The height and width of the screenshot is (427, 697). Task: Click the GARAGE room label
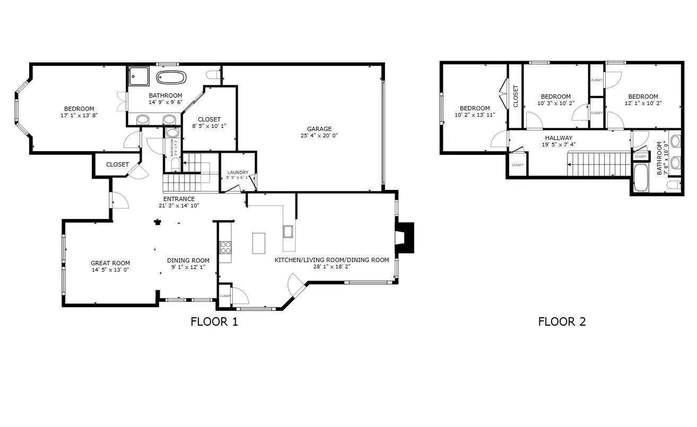[319, 129]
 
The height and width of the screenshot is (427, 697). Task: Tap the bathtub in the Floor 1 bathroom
[171, 78]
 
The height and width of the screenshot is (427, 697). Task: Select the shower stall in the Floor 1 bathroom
[139, 76]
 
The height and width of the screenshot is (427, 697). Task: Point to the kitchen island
[258, 243]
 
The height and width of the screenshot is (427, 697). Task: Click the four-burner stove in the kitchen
[225, 248]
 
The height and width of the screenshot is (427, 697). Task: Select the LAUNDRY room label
[238, 172]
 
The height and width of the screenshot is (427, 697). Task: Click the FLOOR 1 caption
[214, 321]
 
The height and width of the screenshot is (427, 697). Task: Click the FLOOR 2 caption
[562, 321]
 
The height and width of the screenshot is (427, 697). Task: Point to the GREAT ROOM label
[110, 263]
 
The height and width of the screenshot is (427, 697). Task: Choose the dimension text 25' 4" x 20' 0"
[319, 136]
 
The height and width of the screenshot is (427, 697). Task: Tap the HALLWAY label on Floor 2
[559, 138]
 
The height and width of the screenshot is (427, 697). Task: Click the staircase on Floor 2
[598, 164]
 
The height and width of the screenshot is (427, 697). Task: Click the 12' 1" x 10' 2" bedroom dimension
[643, 103]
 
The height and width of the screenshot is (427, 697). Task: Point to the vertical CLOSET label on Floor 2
[516, 96]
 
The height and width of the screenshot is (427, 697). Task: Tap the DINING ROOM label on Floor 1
[188, 260]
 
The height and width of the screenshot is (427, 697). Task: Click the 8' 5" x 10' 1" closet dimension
[209, 126]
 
